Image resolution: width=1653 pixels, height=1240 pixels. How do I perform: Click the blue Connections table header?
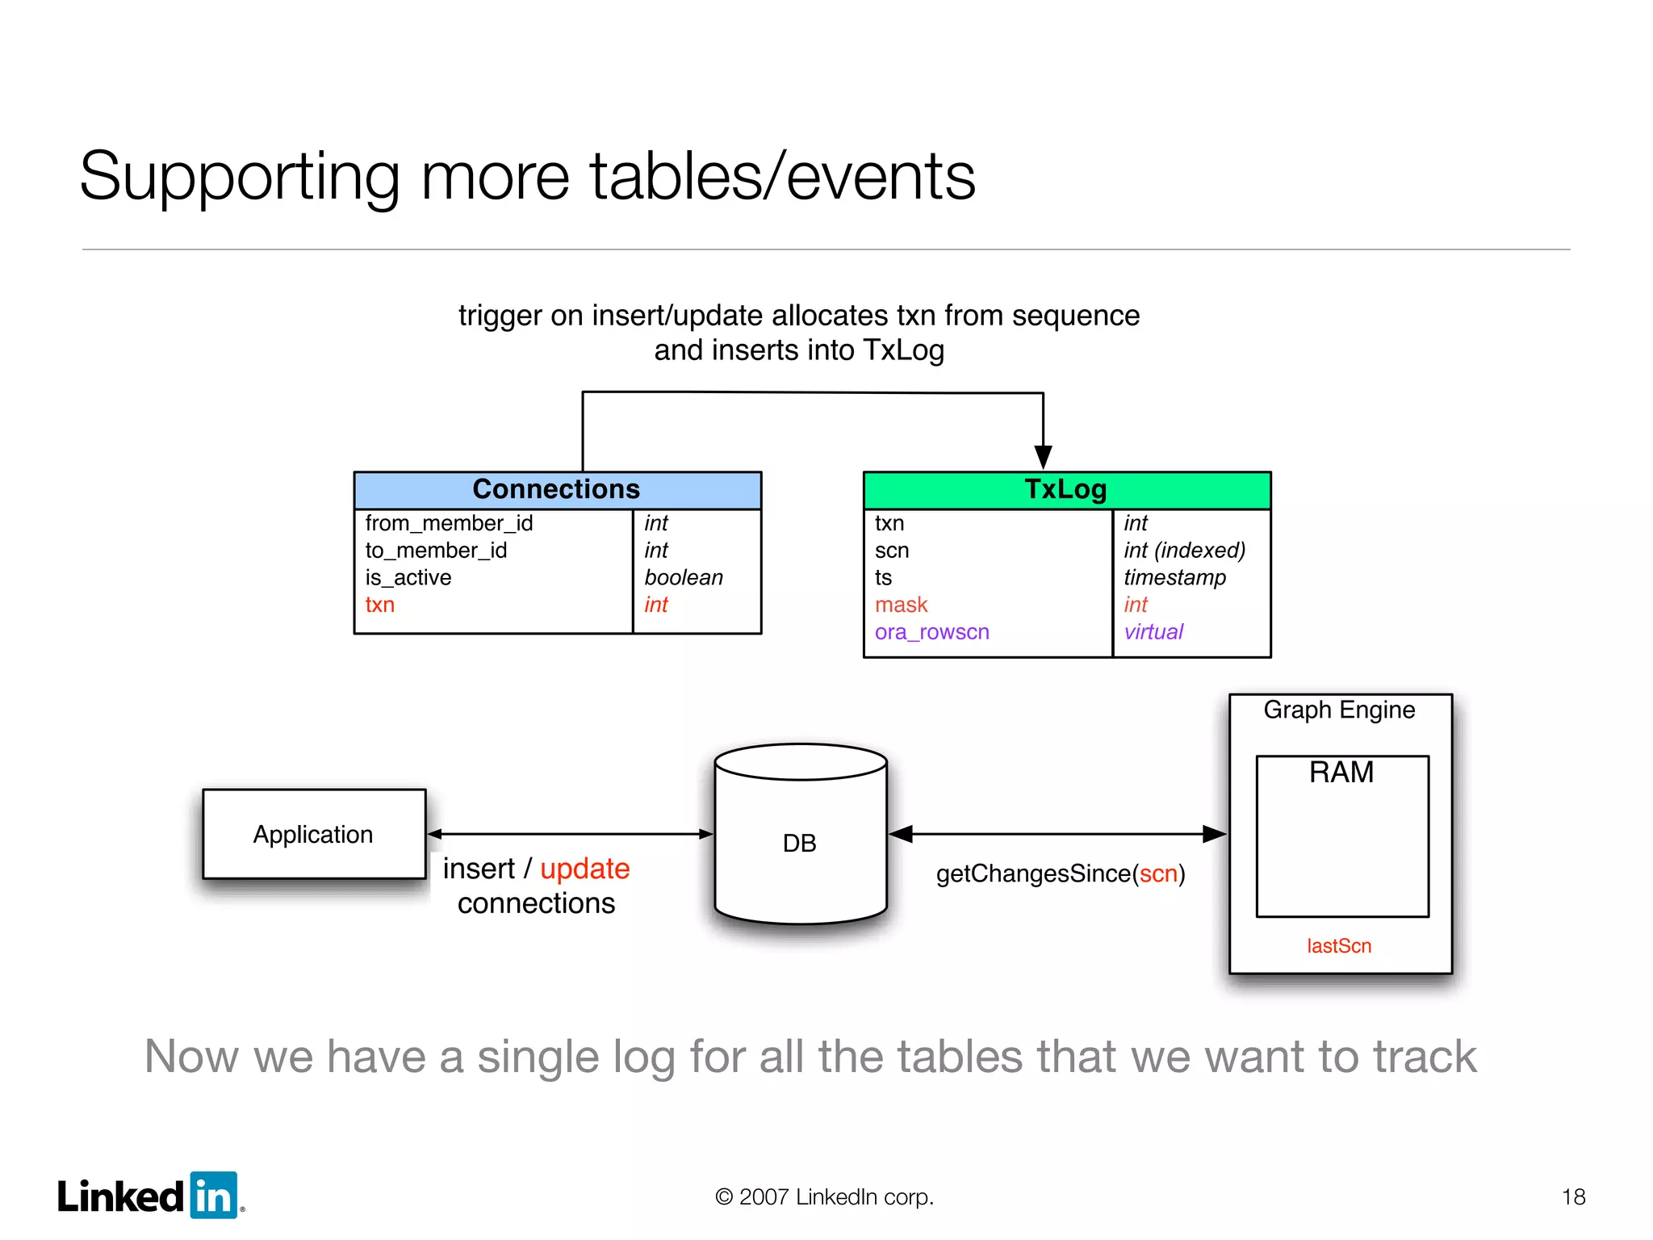pos(557,489)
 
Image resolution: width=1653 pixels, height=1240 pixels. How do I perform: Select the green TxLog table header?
pos(1066,489)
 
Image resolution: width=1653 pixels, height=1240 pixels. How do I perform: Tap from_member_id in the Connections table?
pos(449,523)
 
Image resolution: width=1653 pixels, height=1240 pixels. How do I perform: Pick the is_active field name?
pos(408,578)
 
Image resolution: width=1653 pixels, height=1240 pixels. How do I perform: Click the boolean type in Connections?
pos(684,578)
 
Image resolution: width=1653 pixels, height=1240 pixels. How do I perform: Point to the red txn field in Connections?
pos(379,605)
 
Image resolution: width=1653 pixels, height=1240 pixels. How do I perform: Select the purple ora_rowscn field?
pos(931,632)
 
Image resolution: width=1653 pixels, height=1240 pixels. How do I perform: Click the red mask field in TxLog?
pos(901,605)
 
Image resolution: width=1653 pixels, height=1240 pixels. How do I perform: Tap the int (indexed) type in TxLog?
pos(1184,551)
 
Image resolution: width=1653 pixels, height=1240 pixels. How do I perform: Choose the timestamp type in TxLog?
pos(1174,578)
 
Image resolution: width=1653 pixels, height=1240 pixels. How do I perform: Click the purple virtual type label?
pos(1153,632)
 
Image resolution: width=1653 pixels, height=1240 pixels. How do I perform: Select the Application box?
pos(314,834)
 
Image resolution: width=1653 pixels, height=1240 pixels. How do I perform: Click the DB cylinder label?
pos(800,844)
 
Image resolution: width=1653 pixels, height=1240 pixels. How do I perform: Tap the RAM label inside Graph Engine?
pos(1341,773)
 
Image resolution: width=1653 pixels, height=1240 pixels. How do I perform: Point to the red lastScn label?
pos(1339,946)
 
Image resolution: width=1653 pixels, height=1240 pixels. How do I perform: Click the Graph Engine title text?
pos(1339,710)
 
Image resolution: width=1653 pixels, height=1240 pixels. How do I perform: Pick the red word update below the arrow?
pos(584,869)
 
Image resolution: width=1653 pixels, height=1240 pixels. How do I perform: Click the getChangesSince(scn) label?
pos(1060,873)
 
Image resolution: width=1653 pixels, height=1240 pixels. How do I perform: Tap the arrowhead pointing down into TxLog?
pos(1043,457)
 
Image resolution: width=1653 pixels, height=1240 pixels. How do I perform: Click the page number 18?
pos(1573,1196)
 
